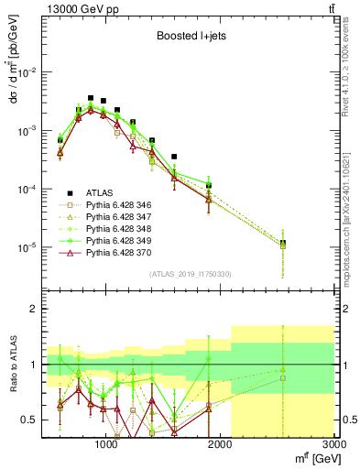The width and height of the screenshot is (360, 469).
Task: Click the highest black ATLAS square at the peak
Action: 91,98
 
